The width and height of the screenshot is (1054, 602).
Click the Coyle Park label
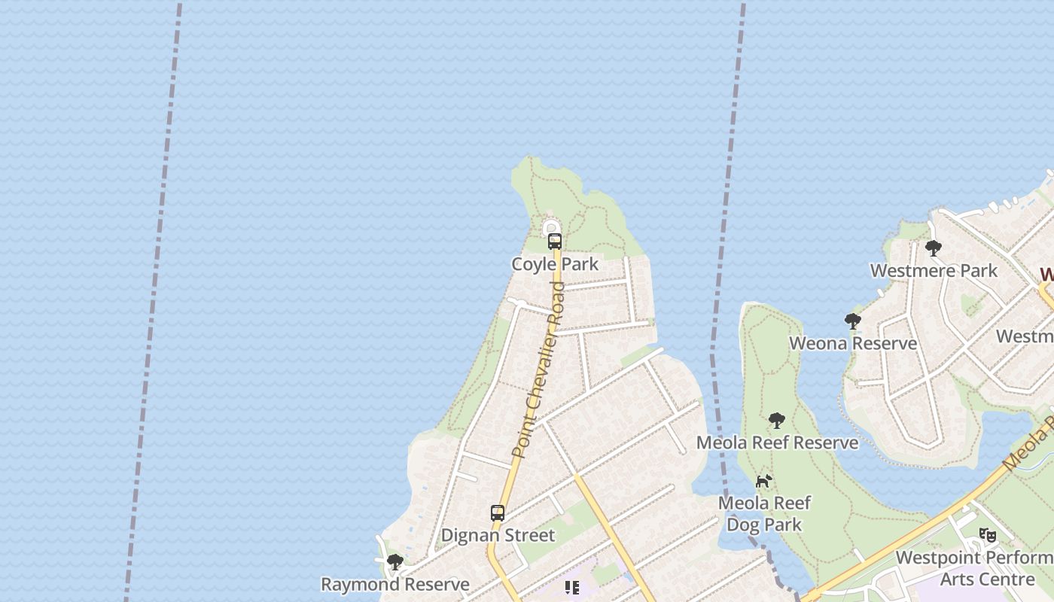coord(555,264)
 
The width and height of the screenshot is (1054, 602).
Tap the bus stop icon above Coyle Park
coord(555,242)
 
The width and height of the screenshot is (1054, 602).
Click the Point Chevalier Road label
coord(538,369)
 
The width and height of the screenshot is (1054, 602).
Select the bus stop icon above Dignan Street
coord(498,513)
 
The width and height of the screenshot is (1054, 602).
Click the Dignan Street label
coord(498,536)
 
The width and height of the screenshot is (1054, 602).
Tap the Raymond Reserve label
coord(395,585)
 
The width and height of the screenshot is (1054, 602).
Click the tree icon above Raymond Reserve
coord(394,562)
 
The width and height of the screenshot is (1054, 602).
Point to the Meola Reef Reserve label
coord(777,442)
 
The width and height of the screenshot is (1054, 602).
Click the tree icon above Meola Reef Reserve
coord(777,420)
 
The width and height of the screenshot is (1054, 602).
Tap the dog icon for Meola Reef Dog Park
coord(764,481)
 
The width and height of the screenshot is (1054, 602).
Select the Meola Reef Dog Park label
coord(765,513)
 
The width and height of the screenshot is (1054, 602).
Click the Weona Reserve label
coord(853,344)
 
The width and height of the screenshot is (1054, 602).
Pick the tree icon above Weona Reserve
coord(853,321)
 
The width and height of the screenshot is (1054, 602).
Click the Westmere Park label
coord(934,271)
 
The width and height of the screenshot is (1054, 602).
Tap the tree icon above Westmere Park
coord(934,248)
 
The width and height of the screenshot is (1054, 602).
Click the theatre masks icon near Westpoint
coord(988,535)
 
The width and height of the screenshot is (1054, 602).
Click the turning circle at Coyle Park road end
coord(552,228)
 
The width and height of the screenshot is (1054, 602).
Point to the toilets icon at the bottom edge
coord(571,588)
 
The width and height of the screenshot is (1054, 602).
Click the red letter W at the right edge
coord(1046,274)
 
